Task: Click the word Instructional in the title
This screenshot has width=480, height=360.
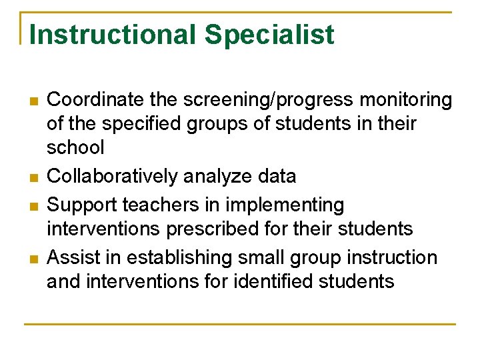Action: point(109,35)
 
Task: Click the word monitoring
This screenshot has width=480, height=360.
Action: point(406,101)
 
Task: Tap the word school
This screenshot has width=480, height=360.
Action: point(75,147)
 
